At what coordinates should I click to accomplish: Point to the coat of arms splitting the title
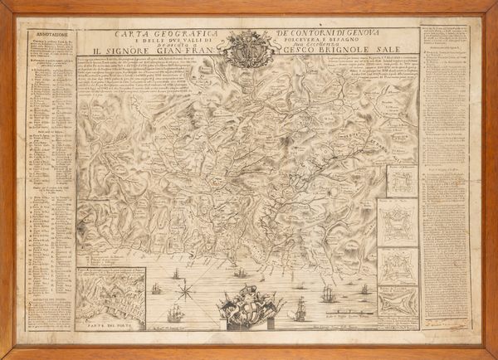[247, 48]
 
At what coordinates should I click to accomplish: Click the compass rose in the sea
[188, 289]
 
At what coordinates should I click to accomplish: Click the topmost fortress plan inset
[400, 181]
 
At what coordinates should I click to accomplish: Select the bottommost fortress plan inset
[398, 302]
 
